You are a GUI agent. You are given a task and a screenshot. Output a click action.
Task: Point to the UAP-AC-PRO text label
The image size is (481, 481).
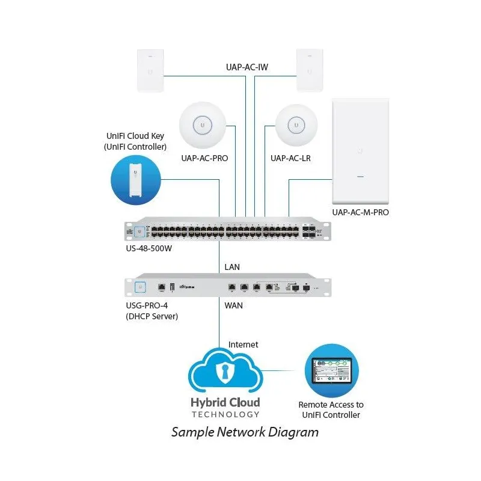coord(204,159)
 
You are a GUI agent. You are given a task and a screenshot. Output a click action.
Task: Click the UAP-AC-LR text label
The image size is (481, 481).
coord(290,159)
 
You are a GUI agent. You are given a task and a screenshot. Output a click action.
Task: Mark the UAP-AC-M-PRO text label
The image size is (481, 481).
coord(361,212)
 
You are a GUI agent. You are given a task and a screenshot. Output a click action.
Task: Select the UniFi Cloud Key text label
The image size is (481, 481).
coord(135,141)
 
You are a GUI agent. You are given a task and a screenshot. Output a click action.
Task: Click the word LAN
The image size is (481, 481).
coord(232,266)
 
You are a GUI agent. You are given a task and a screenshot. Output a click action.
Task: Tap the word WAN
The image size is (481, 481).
coord(234,305)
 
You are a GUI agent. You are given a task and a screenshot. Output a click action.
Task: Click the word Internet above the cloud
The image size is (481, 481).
coord(244,345)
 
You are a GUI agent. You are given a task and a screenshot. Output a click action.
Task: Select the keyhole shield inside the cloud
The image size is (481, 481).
coord(225,373)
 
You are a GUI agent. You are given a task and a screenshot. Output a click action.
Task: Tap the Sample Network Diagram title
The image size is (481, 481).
coord(245,432)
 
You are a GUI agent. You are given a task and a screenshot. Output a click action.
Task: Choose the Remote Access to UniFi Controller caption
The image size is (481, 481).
coord(331,410)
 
